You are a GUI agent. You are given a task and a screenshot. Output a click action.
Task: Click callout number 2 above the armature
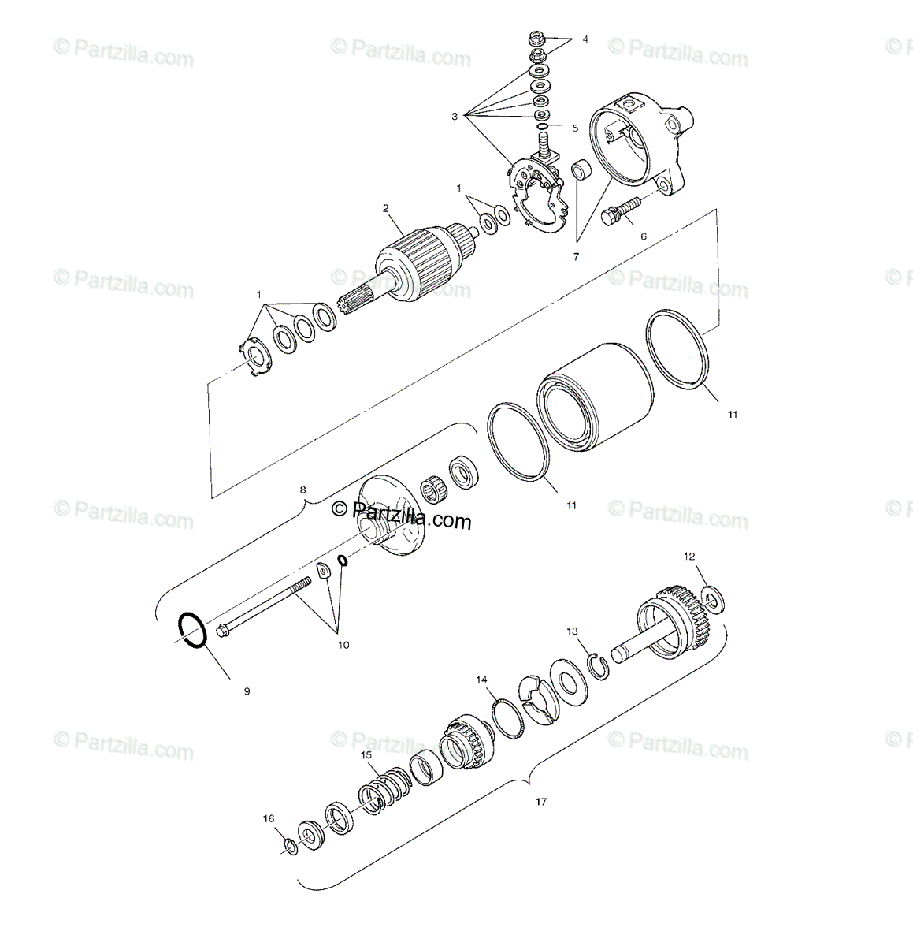click(x=386, y=209)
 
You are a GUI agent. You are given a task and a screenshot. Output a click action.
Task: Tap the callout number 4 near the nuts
click(x=585, y=39)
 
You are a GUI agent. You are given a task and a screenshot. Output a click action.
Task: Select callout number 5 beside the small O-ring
click(x=575, y=128)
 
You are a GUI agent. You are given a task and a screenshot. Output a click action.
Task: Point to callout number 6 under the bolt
click(x=643, y=236)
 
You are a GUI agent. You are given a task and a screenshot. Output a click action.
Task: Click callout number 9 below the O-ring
click(x=247, y=691)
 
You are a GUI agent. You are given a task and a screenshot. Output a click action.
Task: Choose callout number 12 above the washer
click(x=689, y=557)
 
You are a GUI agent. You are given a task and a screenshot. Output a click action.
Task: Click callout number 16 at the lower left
click(x=269, y=819)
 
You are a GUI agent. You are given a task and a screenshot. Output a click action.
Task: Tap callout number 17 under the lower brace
click(x=540, y=802)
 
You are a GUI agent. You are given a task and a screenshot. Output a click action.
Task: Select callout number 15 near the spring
click(x=366, y=754)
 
